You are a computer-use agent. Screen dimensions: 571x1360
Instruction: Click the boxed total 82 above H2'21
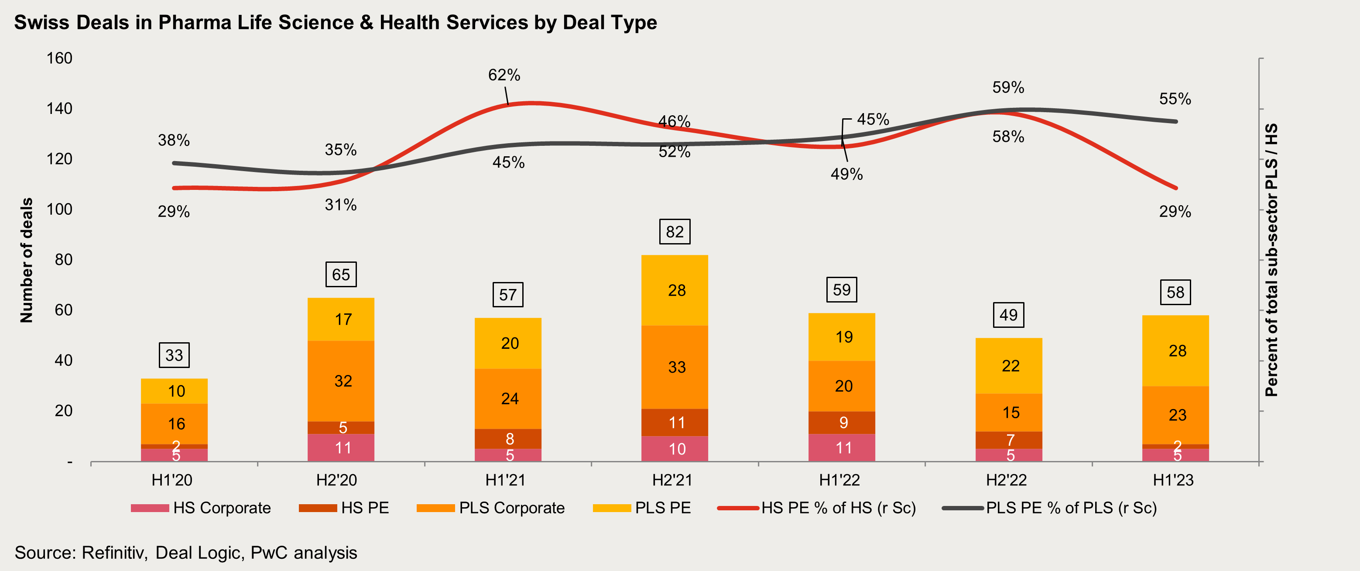(x=674, y=232)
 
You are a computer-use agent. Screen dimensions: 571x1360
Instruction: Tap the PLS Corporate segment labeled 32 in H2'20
(x=341, y=381)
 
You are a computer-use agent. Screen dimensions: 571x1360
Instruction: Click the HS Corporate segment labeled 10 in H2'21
(x=675, y=448)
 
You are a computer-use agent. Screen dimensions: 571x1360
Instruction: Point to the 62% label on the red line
(x=504, y=75)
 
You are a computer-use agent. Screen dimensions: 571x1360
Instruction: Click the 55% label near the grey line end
(x=1175, y=99)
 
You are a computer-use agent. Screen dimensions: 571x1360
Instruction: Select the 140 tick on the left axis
(x=59, y=108)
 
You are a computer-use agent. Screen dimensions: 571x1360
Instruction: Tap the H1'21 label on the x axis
(x=505, y=480)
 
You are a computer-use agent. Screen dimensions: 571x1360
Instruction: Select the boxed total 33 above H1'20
(x=174, y=355)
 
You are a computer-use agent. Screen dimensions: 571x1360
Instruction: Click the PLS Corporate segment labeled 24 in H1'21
(x=508, y=398)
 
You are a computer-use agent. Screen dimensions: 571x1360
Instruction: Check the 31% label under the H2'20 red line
(x=340, y=205)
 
